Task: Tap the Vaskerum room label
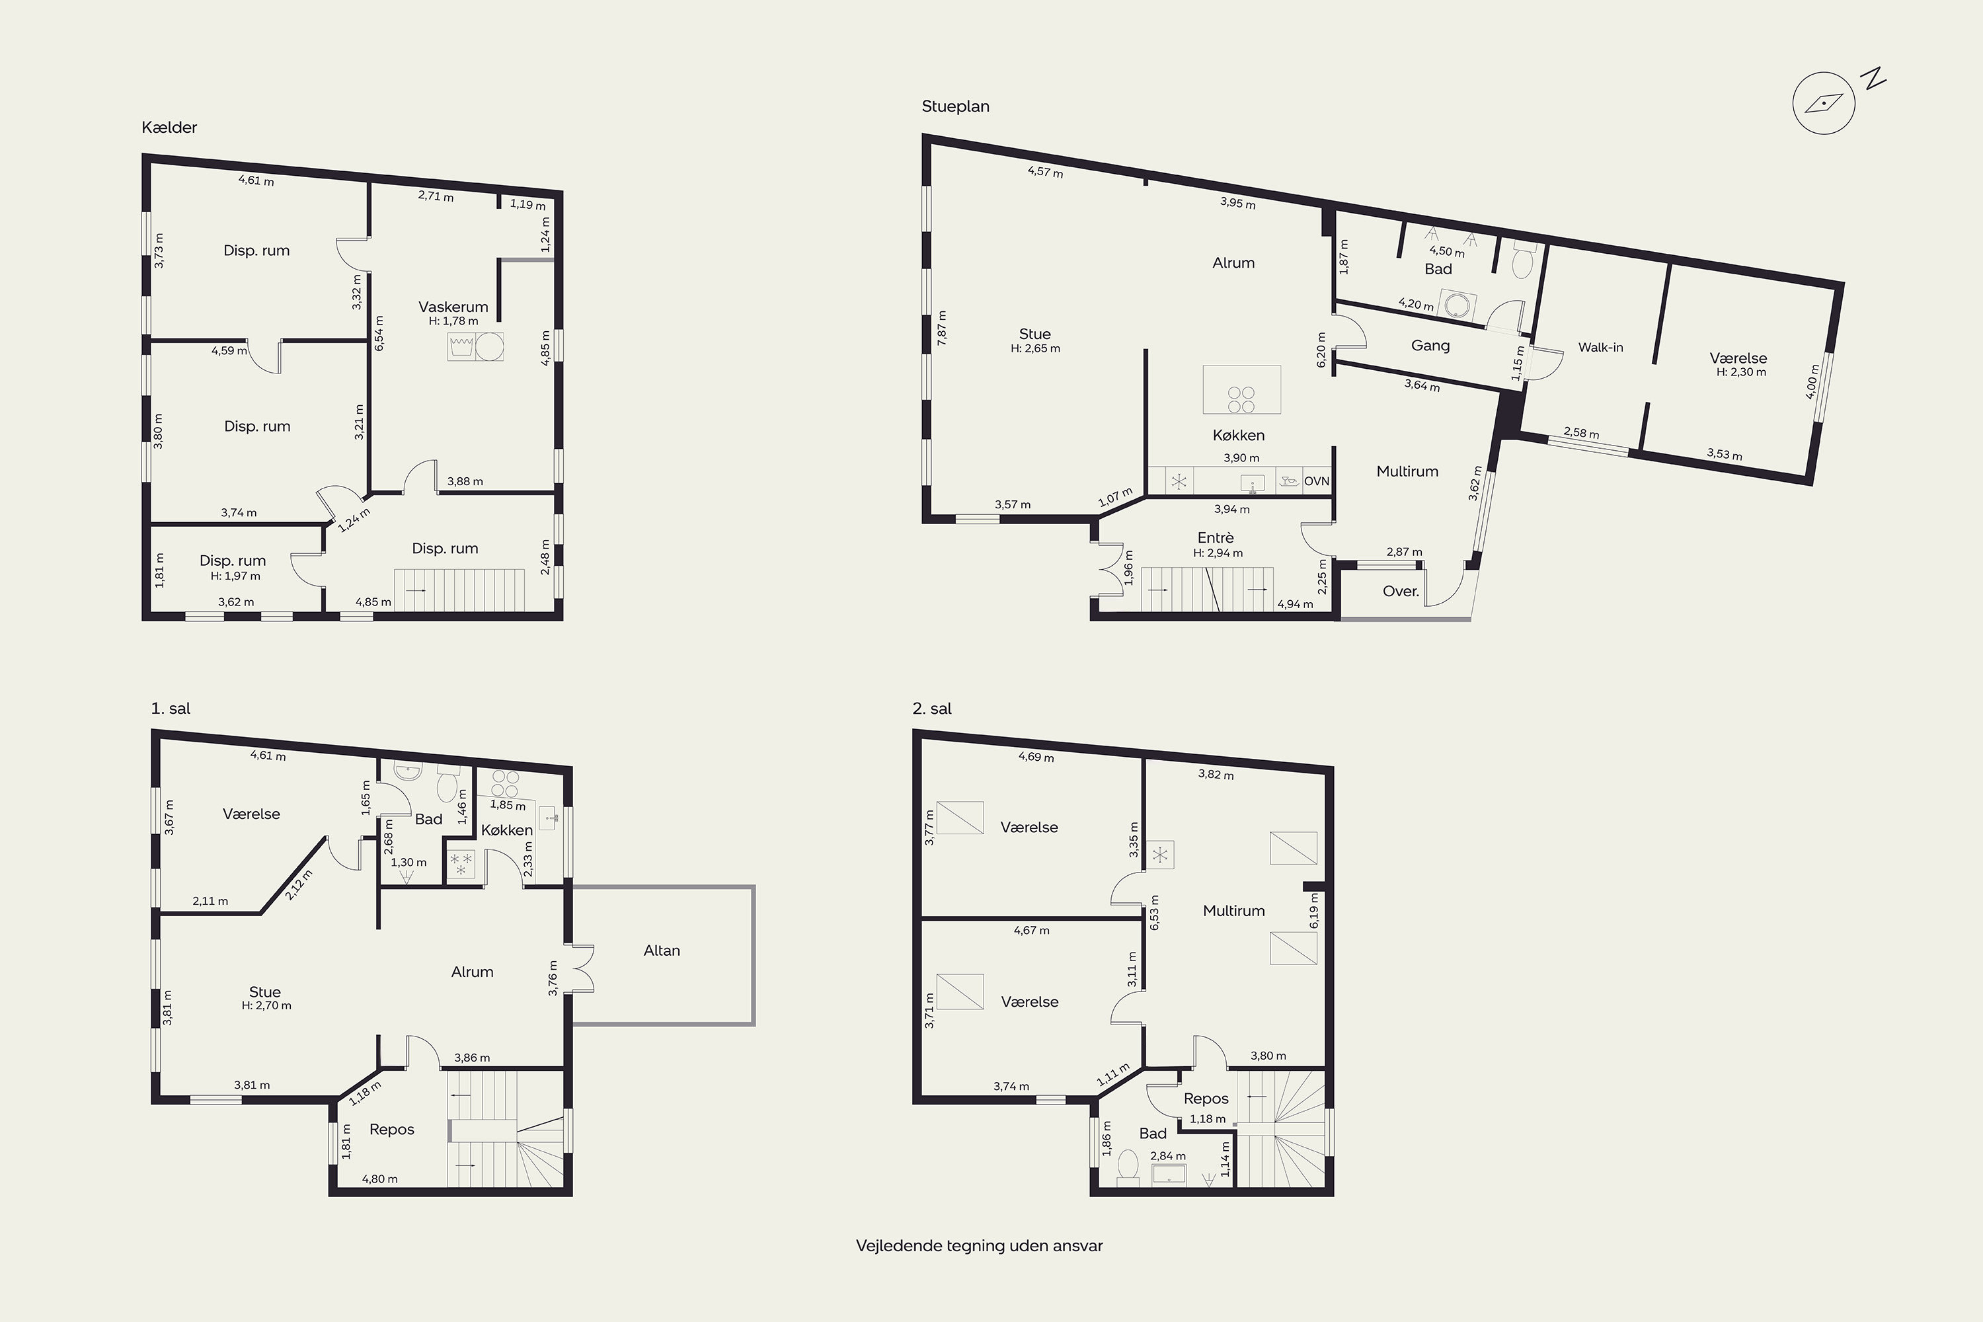point(453,307)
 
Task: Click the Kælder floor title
point(169,128)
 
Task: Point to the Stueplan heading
point(955,107)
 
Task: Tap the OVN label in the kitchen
point(1316,481)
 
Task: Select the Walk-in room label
point(1600,348)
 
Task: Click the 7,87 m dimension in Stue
point(942,327)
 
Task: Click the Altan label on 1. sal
point(662,951)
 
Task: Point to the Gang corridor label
point(1431,346)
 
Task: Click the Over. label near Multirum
point(1401,592)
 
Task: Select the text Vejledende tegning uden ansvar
point(979,1246)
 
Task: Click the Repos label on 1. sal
point(392,1130)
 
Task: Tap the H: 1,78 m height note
point(453,321)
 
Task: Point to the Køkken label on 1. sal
point(507,830)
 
